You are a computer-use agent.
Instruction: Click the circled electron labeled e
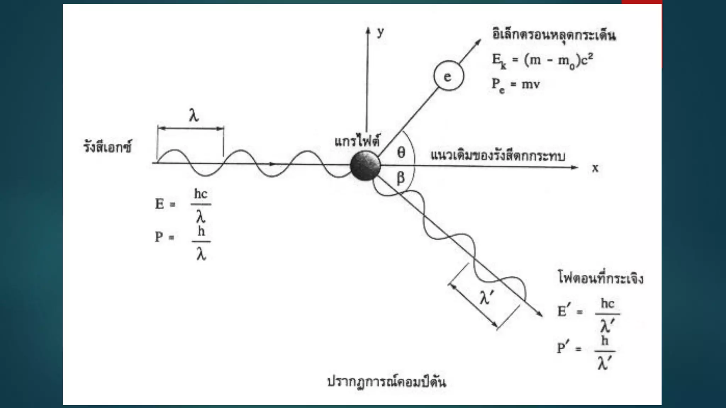click(448, 76)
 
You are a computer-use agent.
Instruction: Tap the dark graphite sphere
click(365, 166)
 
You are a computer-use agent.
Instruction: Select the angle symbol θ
click(401, 152)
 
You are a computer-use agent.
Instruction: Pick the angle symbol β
click(401, 177)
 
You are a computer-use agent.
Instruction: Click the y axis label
click(380, 32)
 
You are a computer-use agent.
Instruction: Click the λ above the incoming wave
click(194, 115)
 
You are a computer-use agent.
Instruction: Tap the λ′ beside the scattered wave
click(486, 297)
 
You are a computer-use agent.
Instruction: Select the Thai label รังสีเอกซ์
click(107, 147)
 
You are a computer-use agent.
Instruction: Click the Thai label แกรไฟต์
click(357, 141)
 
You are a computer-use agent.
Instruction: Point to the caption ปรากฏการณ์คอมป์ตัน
click(386, 381)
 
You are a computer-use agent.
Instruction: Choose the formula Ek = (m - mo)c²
click(542, 61)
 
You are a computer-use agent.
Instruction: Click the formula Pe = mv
click(516, 85)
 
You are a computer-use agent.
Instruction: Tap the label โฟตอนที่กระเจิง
click(601, 278)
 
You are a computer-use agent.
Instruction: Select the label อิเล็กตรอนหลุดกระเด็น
click(554, 35)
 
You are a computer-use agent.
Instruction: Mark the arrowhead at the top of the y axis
click(368, 30)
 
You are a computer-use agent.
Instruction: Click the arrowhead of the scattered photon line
click(540, 314)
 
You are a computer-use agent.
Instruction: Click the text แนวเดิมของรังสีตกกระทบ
click(498, 155)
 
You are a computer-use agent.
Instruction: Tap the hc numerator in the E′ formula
click(607, 304)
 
